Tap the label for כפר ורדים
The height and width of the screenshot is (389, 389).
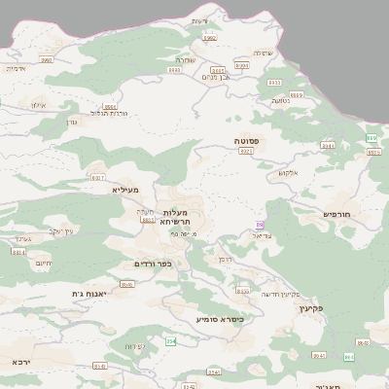coord(153,264)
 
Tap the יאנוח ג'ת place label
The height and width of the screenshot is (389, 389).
coord(89,293)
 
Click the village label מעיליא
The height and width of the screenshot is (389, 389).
coord(126,190)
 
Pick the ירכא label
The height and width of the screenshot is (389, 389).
coord(21,361)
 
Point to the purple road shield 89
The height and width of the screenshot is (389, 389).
coord(260,226)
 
